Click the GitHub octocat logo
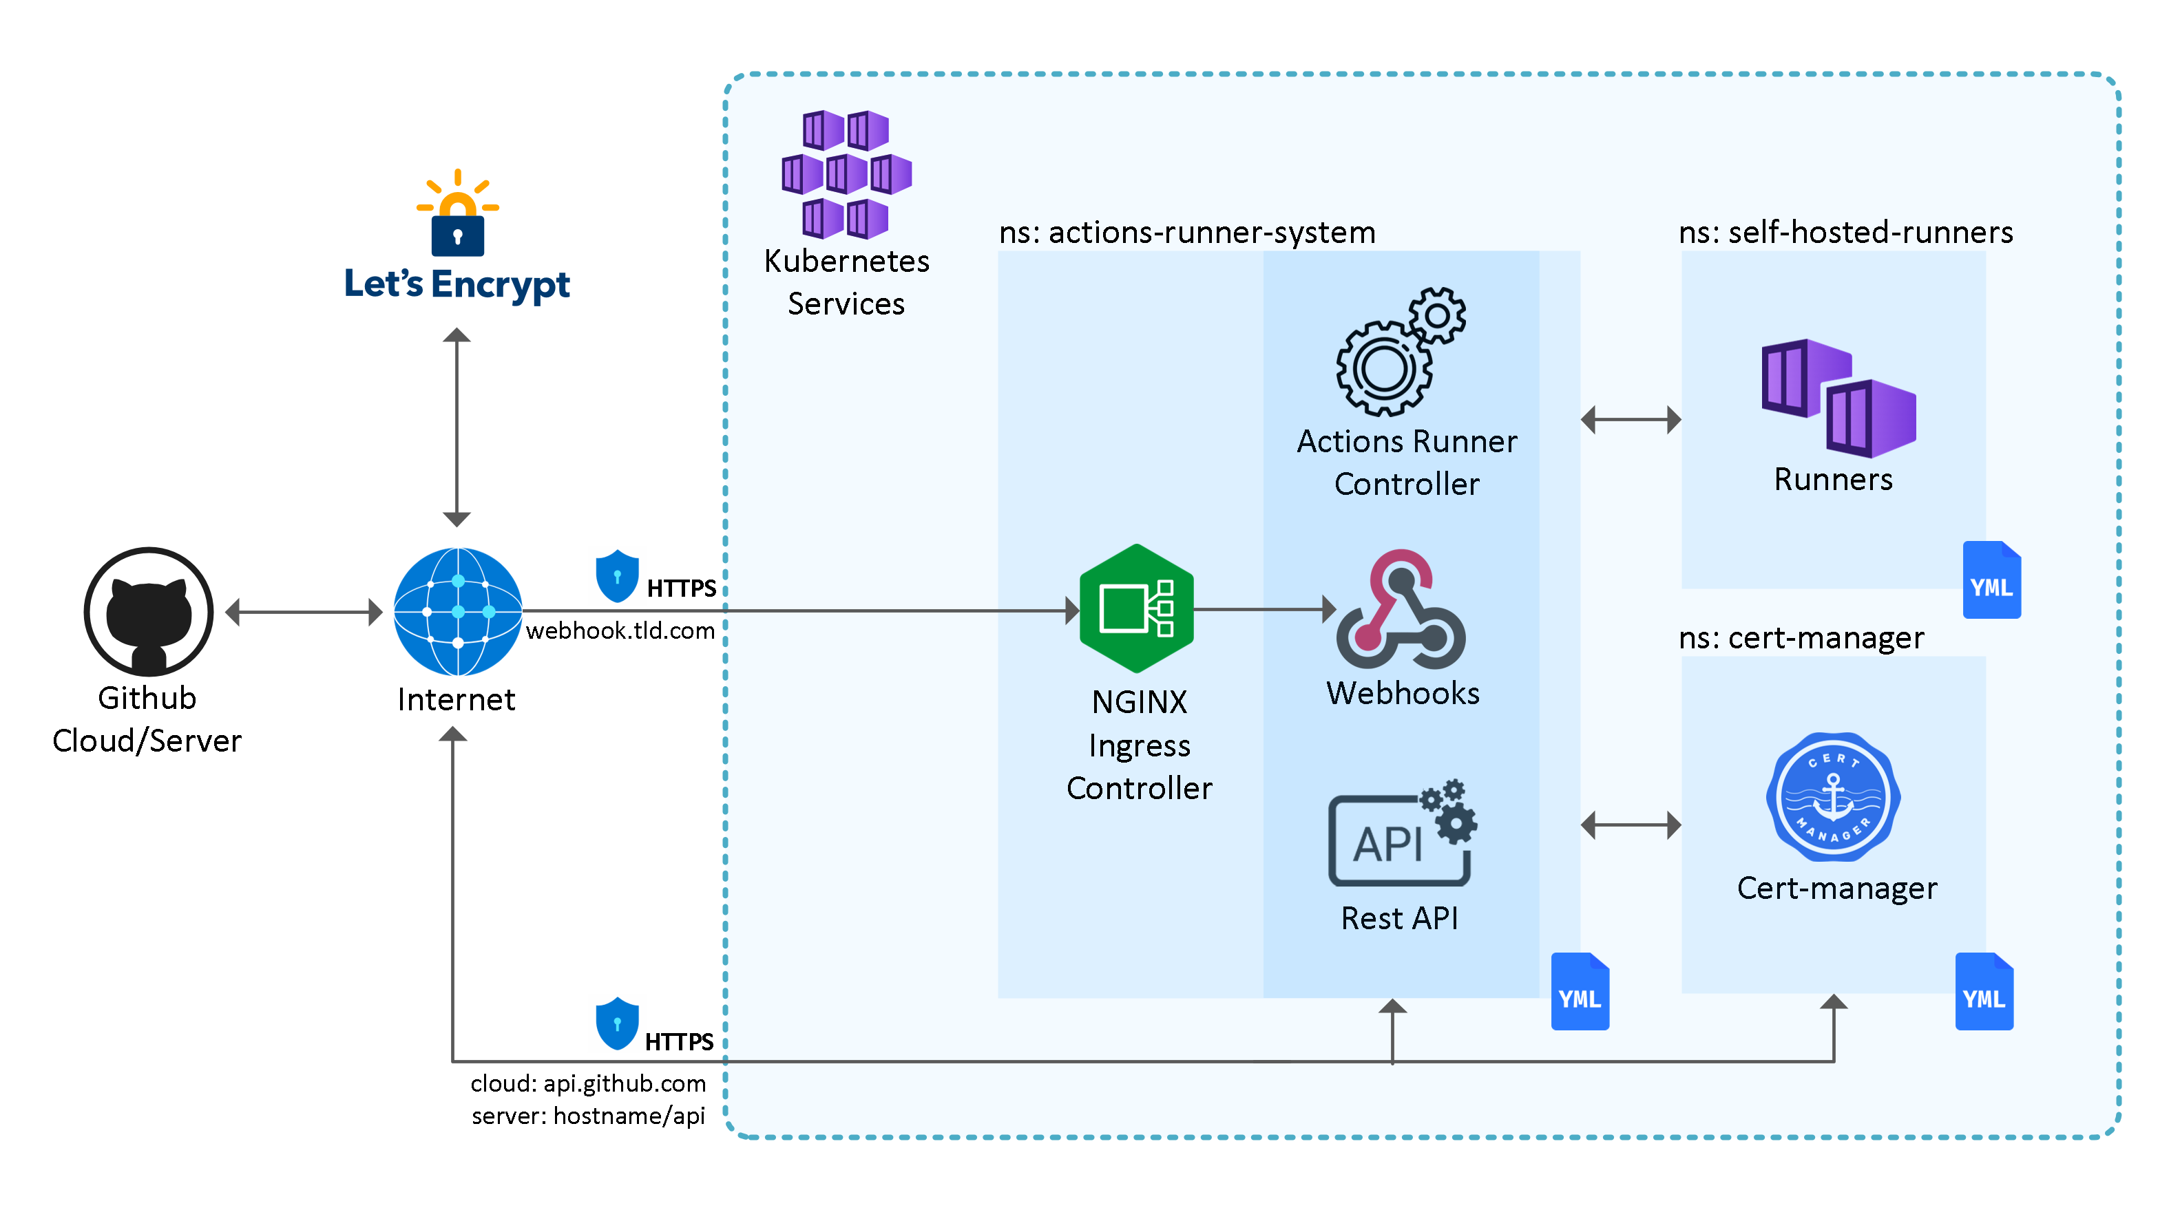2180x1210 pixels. (x=148, y=611)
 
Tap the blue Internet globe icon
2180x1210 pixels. (x=458, y=611)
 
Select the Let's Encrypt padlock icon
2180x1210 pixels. (x=457, y=215)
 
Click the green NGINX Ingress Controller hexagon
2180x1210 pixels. (x=1137, y=608)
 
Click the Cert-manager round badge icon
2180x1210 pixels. (x=1833, y=797)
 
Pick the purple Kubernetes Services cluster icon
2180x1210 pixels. (x=846, y=173)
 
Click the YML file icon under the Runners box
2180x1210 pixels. (x=1991, y=580)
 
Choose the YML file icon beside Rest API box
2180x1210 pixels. (x=1579, y=992)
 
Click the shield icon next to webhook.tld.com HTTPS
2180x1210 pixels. (x=617, y=576)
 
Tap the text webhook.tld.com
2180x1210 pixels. (x=620, y=631)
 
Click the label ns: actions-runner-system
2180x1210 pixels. (x=1186, y=233)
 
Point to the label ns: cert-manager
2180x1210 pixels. (x=1801, y=638)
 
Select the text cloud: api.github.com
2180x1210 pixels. (x=588, y=1083)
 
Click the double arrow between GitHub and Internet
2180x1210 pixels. (x=304, y=612)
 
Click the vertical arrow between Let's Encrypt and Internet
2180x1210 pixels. (x=457, y=427)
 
